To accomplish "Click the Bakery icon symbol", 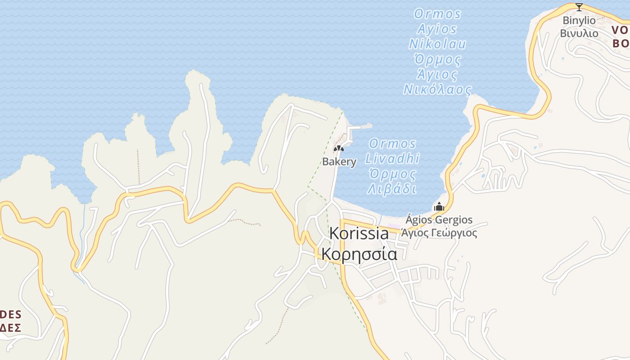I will [338, 148].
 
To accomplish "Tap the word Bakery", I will [339, 162].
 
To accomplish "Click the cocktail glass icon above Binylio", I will [579, 7].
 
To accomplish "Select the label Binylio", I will [579, 21].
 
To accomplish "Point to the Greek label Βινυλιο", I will [579, 33].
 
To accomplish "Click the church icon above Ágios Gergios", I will [439, 207].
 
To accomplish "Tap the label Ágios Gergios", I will [439, 220].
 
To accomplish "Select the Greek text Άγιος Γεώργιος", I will [439, 233].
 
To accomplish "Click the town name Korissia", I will [359, 234].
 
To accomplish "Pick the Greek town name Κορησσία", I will [359, 254].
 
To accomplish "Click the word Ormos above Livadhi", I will [393, 144].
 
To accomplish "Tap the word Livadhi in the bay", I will [392, 159].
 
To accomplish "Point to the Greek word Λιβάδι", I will [392, 189].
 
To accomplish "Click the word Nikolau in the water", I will [437, 44].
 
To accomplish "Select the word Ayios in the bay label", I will [437, 29].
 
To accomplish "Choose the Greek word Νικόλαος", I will [437, 89].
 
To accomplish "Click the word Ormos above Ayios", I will [437, 14].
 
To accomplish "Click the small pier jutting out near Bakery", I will [360, 127].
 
